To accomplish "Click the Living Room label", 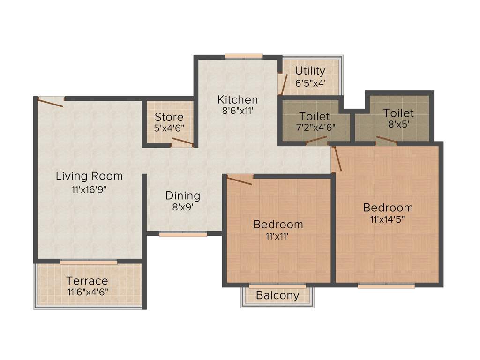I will [x=89, y=176].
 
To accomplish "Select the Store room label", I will [x=169, y=117].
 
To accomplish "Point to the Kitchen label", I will [x=238, y=99].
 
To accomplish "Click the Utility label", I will [x=310, y=71].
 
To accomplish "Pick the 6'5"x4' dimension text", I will [x=310, y=83].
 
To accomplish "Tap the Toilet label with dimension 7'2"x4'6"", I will [x=315, y=116].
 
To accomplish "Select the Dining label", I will [x=183, y=195].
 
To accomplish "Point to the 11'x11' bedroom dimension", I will [x=277, y=237].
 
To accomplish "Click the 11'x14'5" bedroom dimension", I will [x=388, y=220].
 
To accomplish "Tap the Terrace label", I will [x=87, y=281].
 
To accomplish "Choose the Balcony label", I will [x=277, y=295].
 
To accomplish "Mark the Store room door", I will [x=182, y=142].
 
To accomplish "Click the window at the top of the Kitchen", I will [x=243, y=56].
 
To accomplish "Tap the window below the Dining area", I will [x=183, y=234].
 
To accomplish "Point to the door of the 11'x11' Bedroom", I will [x=240, y=180].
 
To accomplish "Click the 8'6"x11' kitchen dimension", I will [x=237, y=112].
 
